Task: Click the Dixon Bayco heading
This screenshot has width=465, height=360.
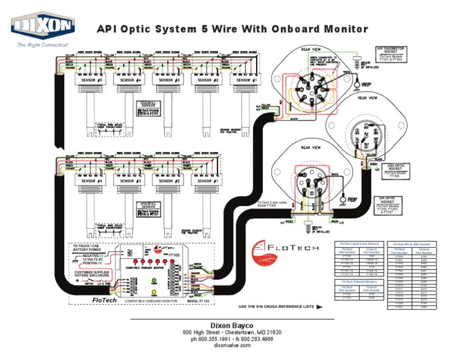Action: pyautogui.click(x=232, y=325)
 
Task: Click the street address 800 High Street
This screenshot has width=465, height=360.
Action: pyautogui.click(x=206, y=333)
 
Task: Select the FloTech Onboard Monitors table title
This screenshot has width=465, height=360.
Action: pyautogui.click(x=360, y=282)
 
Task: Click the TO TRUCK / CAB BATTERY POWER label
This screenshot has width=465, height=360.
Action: pyautogui.click(x=90, y=247)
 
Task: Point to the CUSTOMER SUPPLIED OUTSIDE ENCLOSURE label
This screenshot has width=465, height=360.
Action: pyautogui.click(x=92, y=275)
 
